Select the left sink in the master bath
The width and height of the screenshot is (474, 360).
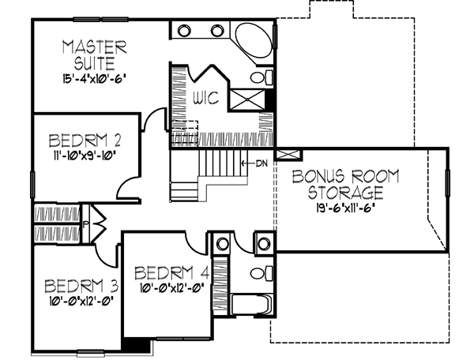click(x=184, y=31)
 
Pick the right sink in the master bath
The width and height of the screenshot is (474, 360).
click(x=216, y=31)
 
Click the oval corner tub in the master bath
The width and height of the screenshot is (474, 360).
click(x=254, y=41)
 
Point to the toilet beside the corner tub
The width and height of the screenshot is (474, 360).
click(x=258, y=77)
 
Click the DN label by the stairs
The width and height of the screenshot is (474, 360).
click(x=262, y=163)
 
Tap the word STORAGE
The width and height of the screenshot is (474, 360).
click(x=345, y=192)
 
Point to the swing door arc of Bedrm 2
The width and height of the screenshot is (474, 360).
click(x=126, y=186)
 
